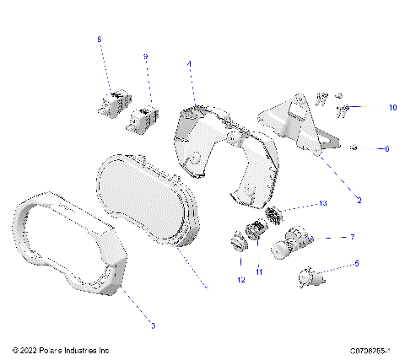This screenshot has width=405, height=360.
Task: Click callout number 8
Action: click(x=99, y=40)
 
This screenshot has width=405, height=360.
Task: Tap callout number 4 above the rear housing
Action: click(x=189, y=63)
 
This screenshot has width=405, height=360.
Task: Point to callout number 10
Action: click(x=369, y=108)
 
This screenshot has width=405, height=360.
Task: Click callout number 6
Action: click(x=386, y=149)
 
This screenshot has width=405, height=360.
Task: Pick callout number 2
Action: click(x=359, y=201)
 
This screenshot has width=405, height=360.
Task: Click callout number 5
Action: click(x=356, y=264)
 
